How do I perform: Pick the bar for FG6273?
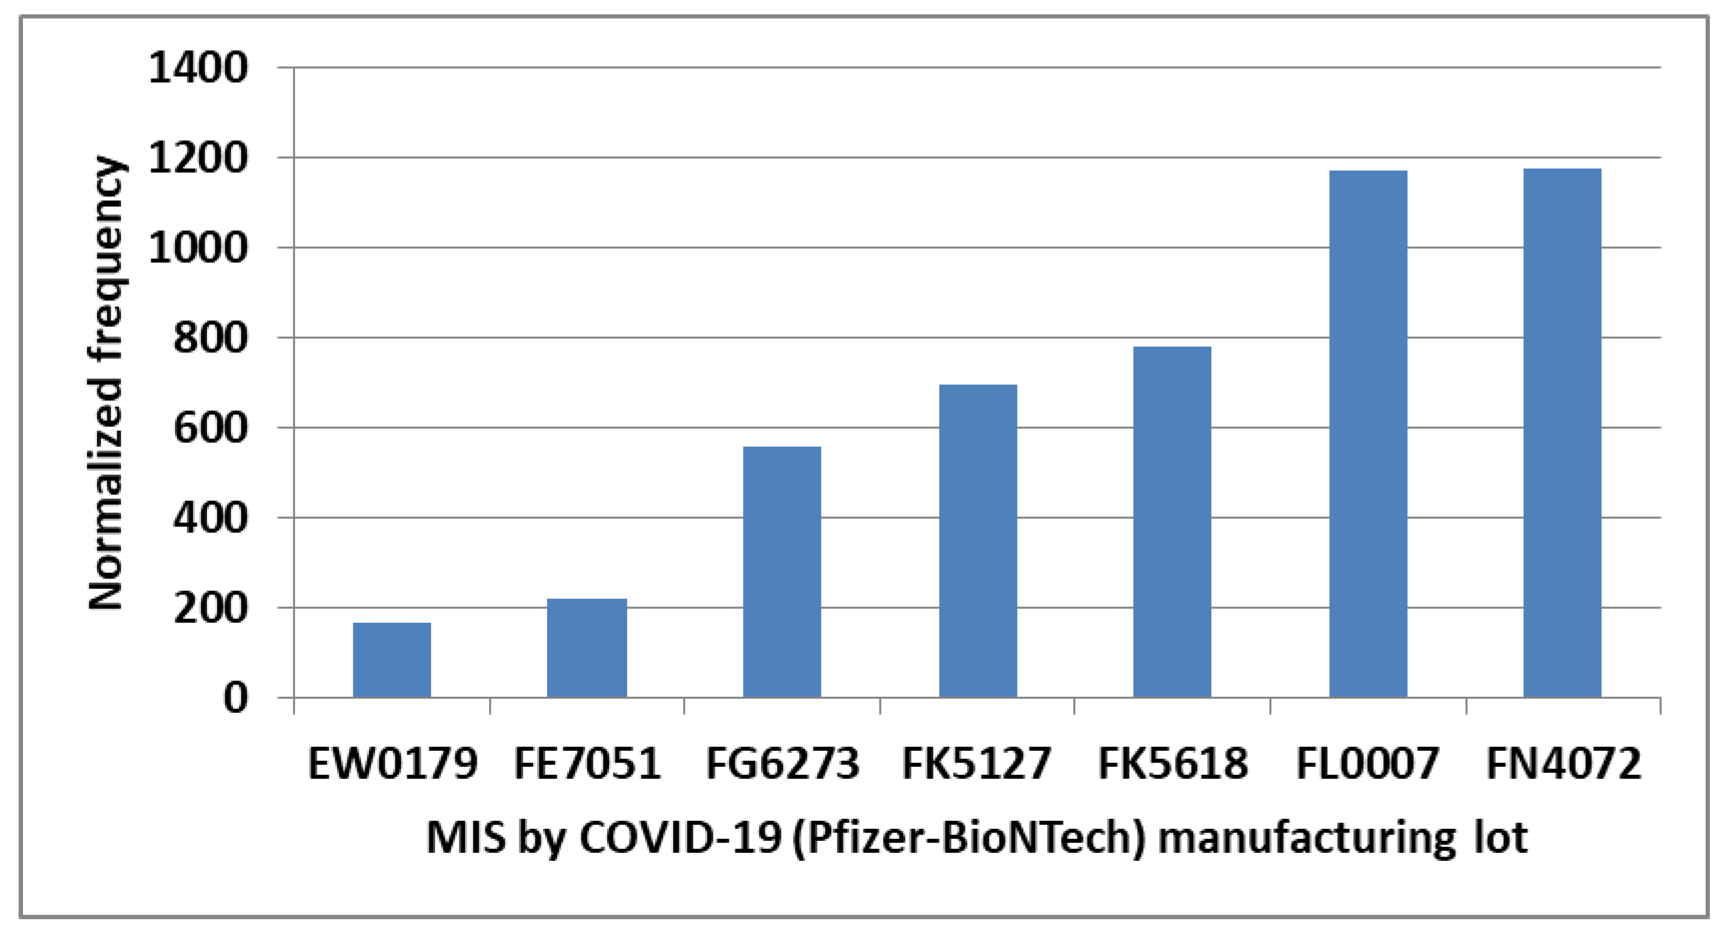tap(782, 572)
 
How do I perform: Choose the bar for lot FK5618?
tap(1172, 522)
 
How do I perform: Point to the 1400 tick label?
tap(198, 68)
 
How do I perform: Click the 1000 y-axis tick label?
tap(198, 248)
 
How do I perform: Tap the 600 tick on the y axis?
tap(210, 428)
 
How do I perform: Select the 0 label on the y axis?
tap(235, 699)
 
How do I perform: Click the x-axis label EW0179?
tap(393, 763)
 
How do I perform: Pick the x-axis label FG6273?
tap(782, 763)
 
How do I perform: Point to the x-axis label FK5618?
tap(1172, 763)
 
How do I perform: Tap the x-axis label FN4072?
tap(1564, 763)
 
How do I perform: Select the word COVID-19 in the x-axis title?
tap(680, 838)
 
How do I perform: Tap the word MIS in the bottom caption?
tap(466, 838)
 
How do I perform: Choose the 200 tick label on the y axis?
tap(210, 609)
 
